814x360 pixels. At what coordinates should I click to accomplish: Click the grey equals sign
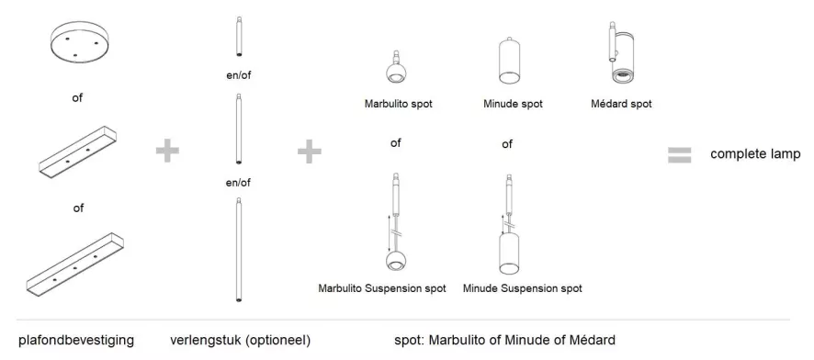(679, 154)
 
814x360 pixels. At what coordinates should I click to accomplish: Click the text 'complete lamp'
(755, 153)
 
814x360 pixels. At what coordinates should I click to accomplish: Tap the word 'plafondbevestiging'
(77, 341)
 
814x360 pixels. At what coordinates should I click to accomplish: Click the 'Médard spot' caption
(621, 104)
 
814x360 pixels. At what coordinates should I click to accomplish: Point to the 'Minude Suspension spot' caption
(523, 288)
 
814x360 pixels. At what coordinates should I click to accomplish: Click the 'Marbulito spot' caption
(398, 104)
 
